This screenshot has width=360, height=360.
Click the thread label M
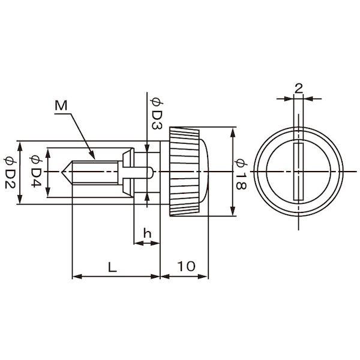tap(61, 106)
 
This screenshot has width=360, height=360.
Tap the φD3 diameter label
tap(157, 113)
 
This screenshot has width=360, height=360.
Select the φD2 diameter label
tap(10, 173)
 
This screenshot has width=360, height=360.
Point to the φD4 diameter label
tap(36, 171)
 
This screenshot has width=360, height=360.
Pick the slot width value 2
tap(298, 88)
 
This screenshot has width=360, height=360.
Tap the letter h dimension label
tap(147, 233)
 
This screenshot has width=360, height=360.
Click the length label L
tap(112, 267)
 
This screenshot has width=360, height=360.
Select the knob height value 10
tap(186, 266)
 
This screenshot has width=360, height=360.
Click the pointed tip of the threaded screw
tap(62, 172)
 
